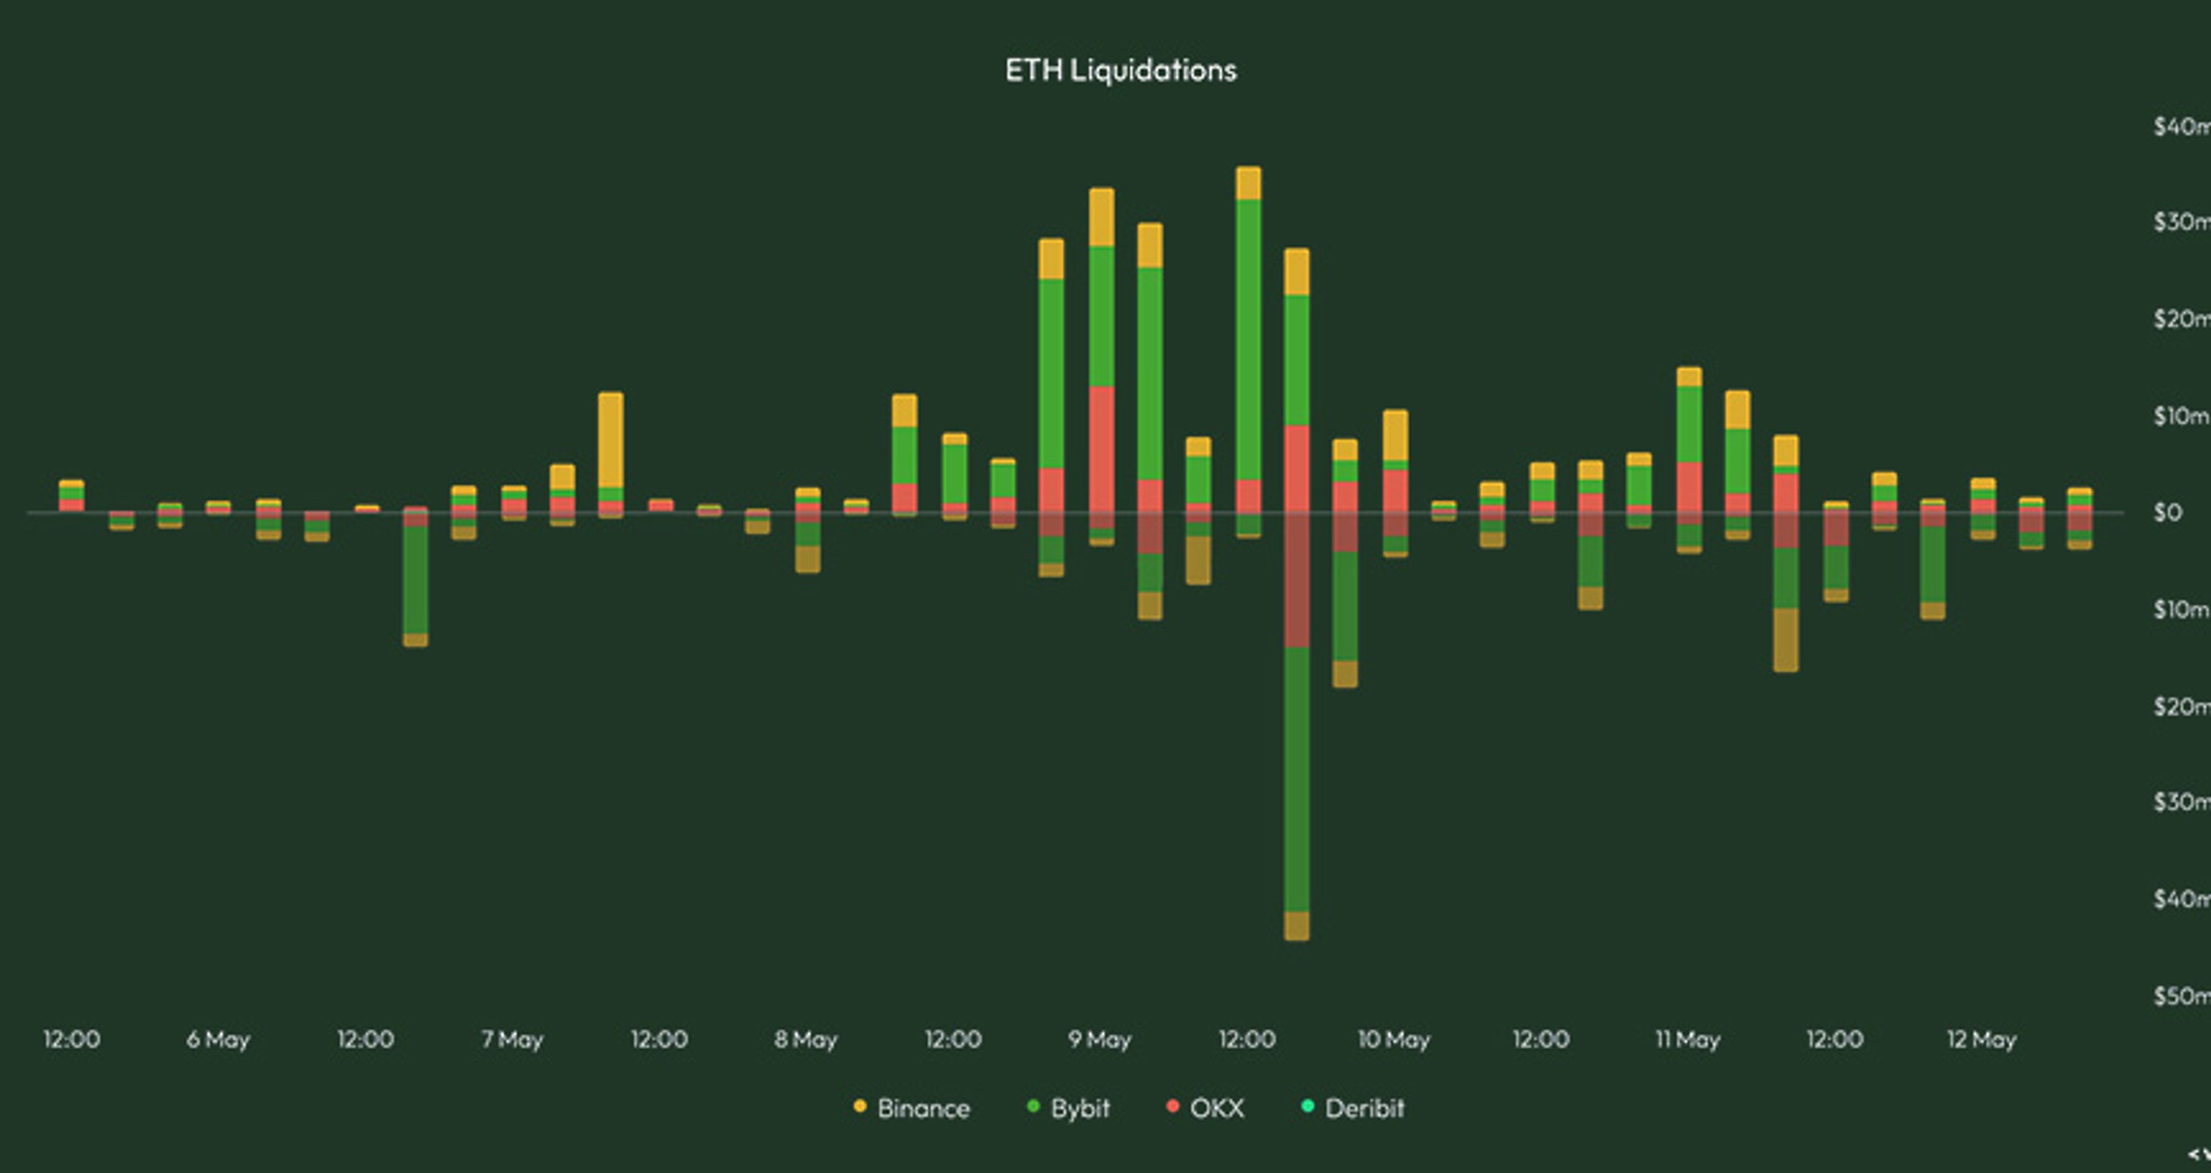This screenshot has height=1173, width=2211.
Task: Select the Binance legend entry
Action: [x=913, y=1108]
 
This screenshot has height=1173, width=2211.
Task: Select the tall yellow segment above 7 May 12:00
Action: [x=610, y=440]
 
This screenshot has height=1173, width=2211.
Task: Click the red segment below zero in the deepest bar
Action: [x=1297, y=580]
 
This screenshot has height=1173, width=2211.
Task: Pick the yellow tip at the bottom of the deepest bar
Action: [x=1297, y=926]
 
